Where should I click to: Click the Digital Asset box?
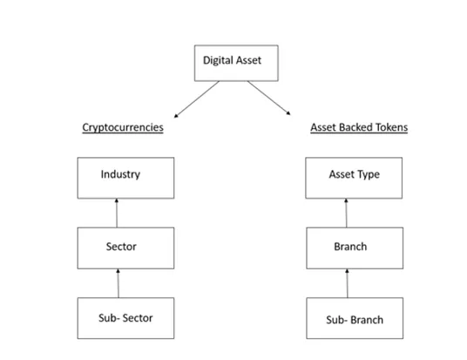coord(236,63)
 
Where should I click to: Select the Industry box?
coord(125,178)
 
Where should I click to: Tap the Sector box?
coord(125,248)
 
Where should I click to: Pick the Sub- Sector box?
coord(125,318)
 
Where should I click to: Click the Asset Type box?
coord(354,178)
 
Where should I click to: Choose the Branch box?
coord(355,248)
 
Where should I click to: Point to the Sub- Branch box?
coord(355,318)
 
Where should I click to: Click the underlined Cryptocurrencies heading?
coord(123,127)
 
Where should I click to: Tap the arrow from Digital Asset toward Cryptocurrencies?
coord(197,99)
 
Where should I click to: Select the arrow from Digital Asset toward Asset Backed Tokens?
coord(269,98)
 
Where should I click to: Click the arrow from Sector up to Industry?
coord(117,213)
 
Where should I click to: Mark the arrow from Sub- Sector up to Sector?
coord(118,283)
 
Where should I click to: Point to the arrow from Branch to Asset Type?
coord(347,213)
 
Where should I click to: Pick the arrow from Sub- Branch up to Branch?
coord(348,283)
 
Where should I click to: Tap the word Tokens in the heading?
coord(392,127)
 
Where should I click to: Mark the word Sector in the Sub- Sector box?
coord(138,318)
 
